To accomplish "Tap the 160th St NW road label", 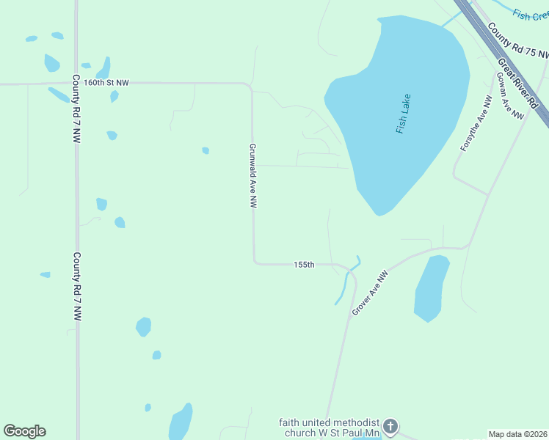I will click(106, 83).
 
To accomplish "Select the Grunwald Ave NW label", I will click(252, 176).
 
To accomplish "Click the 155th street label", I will click(304, 264).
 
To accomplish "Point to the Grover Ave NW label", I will click(369, 294).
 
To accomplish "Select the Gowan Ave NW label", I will click(510, 95).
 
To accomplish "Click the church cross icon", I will click(391, 426).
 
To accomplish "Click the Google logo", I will click(24, 431).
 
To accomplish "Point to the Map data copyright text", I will click(517, 434).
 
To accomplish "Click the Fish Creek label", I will click(531, 14).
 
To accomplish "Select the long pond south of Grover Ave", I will click(432, 288).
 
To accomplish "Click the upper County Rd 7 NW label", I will click(76, 107).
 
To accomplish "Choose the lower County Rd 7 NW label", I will click(76, 287).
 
